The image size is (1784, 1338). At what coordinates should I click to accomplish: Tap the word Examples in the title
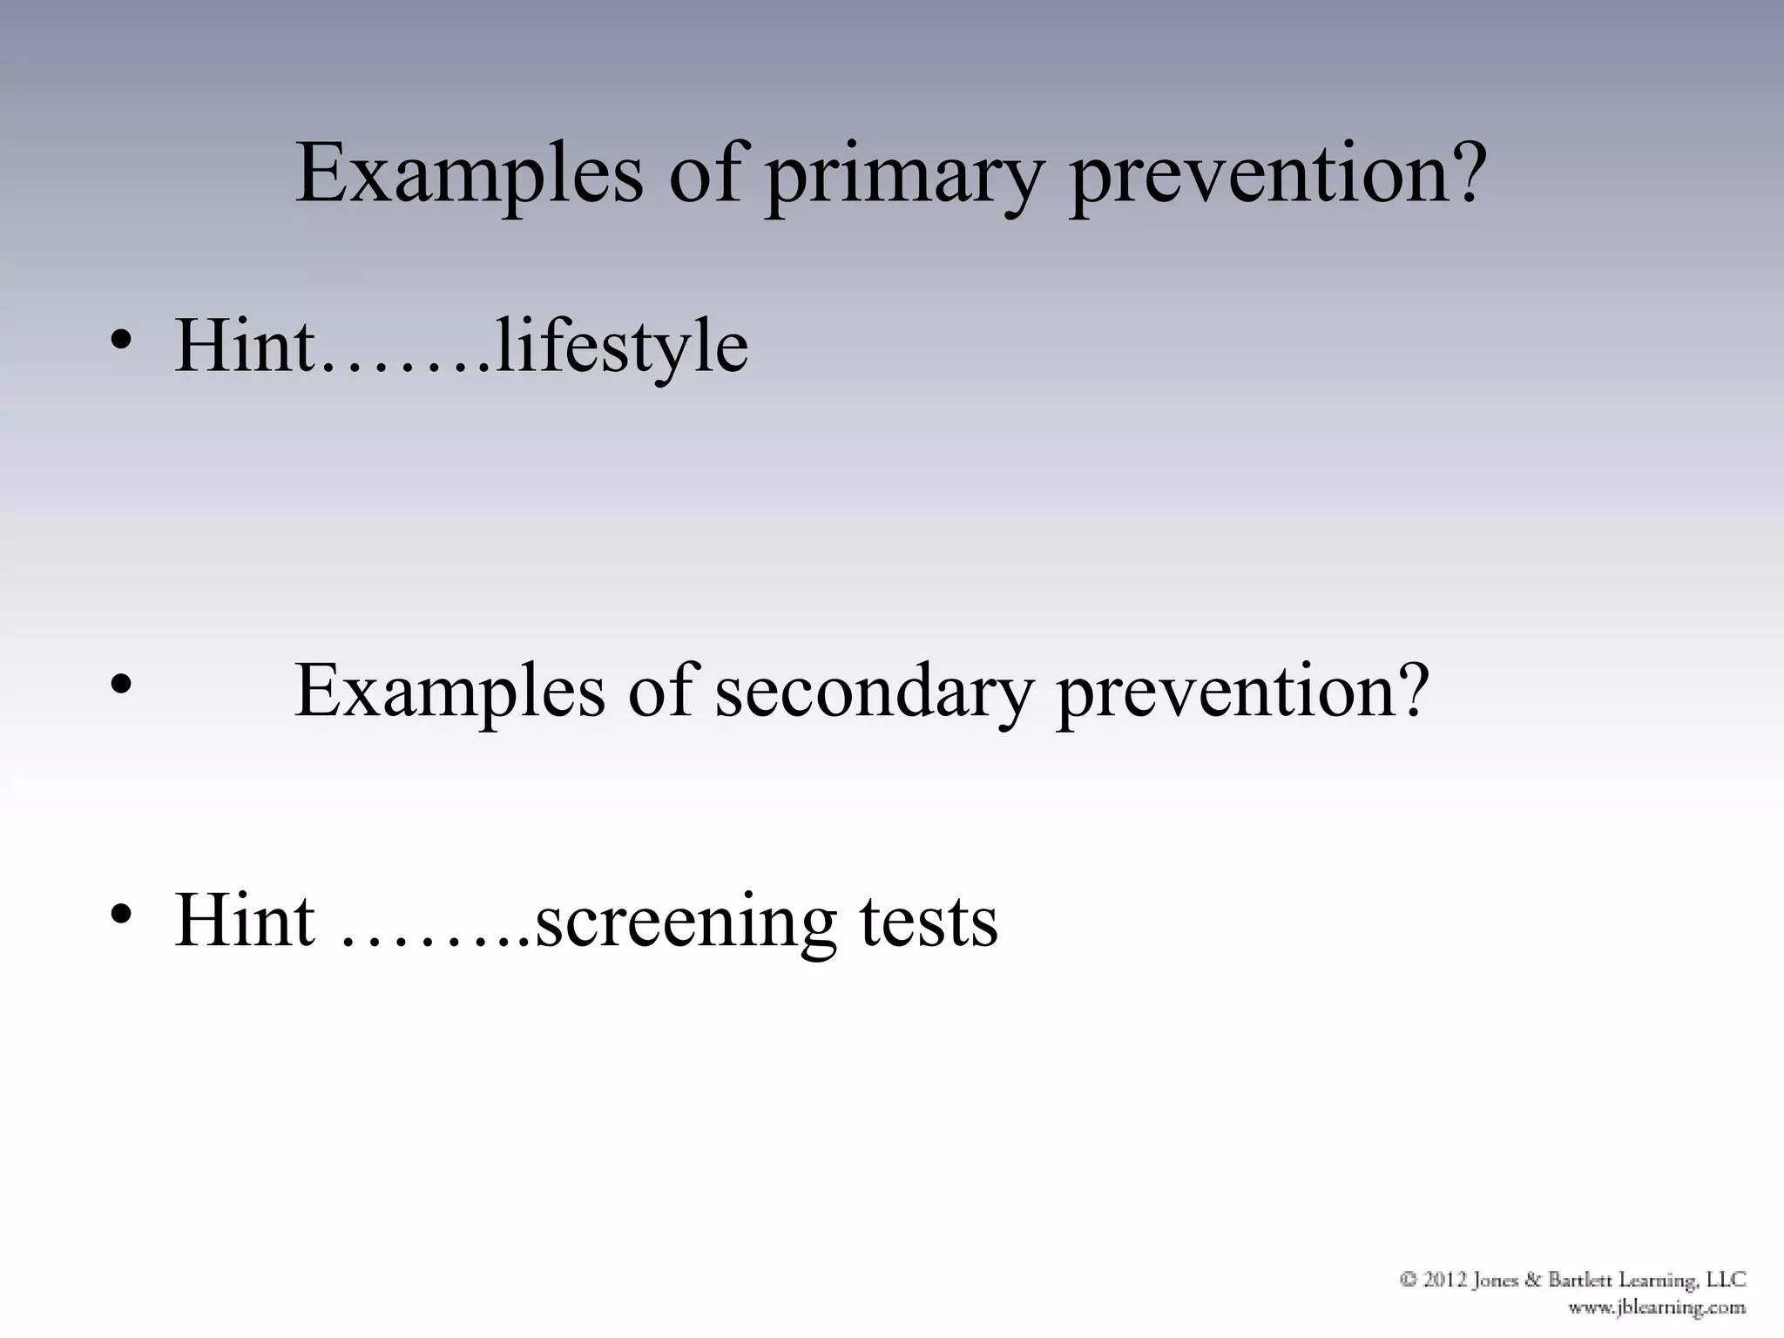click(469, 174)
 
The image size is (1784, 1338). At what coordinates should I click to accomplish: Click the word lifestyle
click(621, 348)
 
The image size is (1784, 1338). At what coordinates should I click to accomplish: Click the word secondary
click(872, 693)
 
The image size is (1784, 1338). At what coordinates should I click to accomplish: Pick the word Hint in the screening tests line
click(245, 921)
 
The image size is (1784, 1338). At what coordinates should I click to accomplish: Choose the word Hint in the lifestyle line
click(245, 346)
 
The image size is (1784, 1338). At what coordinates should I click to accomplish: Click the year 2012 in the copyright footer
click(1446, 1280)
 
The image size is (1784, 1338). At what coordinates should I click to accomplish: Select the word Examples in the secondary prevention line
click(449, 693)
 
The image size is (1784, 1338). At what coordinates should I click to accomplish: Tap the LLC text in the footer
click(1727, 1280)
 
